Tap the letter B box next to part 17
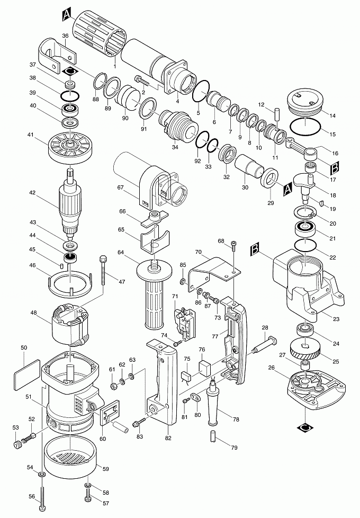(x=335, y=169)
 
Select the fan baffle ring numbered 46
(x=71, y=282)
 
